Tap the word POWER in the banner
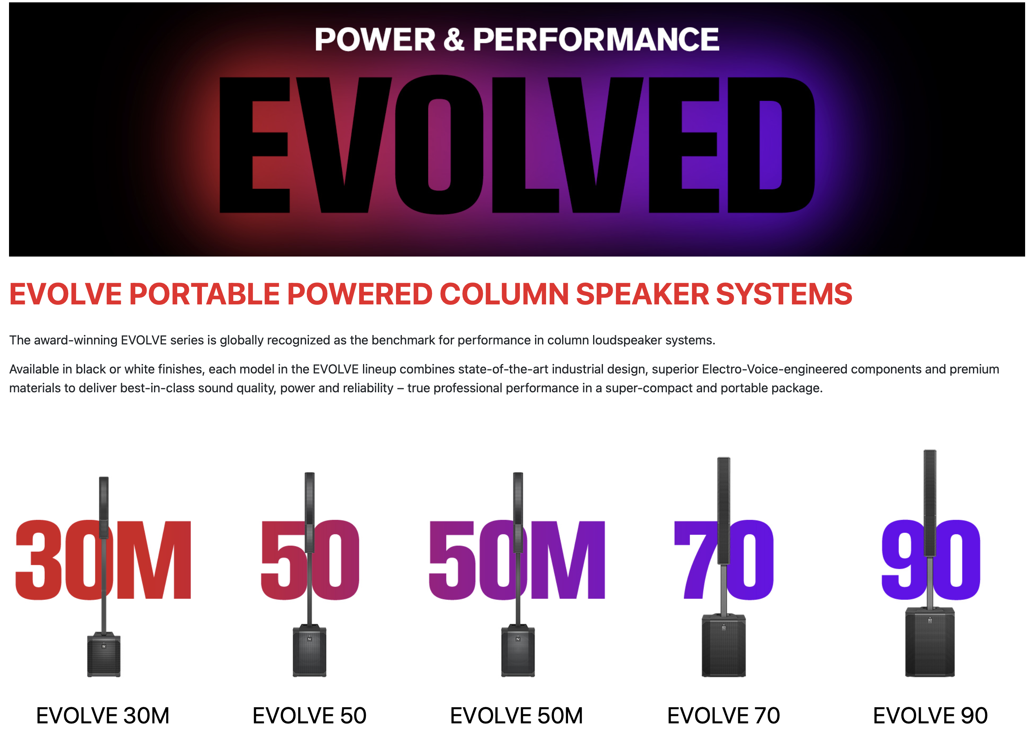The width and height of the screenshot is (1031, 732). point(375,39)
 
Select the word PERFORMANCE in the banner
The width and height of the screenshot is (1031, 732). point(595,39)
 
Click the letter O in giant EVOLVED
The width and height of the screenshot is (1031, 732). point(439,145)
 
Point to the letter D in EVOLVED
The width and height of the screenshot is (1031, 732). point(771,145)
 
